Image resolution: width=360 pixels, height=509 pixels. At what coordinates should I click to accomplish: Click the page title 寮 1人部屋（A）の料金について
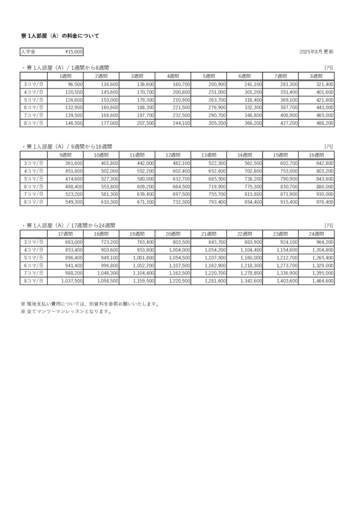[60, 36]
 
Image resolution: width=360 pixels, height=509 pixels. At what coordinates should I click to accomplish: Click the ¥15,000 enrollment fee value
[74, 51]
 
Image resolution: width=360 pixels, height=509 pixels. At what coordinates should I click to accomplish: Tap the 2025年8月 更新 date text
[317, 52]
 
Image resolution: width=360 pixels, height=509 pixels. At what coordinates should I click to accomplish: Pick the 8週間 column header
[317, 76]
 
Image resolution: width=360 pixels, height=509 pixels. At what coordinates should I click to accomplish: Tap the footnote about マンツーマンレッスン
[66, 312]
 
